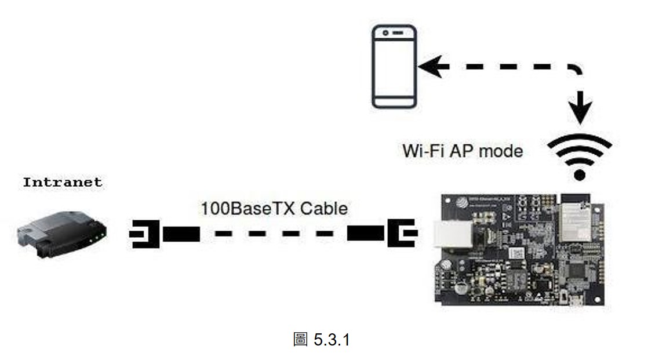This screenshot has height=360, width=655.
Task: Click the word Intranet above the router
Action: tap(63, 183)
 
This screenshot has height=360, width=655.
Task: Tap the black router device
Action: tap(62, 234)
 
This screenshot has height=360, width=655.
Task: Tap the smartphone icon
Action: tap(394, 67)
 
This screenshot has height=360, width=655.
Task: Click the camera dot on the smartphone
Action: tap(385, 32)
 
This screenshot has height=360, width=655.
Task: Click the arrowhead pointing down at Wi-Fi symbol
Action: tap(580, 108)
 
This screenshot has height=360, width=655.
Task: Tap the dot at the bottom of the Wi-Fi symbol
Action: tap(580, 174)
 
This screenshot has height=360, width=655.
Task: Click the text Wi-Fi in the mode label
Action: tap(424, 151)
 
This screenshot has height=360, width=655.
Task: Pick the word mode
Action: tap(501, 151)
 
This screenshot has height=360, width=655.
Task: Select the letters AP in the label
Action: tap(463, 151)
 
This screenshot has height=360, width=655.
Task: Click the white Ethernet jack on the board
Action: tap(453, 234)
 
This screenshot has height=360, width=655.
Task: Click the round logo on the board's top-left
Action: tap(461, 202)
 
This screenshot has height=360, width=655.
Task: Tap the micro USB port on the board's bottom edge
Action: tap(576, 301)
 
